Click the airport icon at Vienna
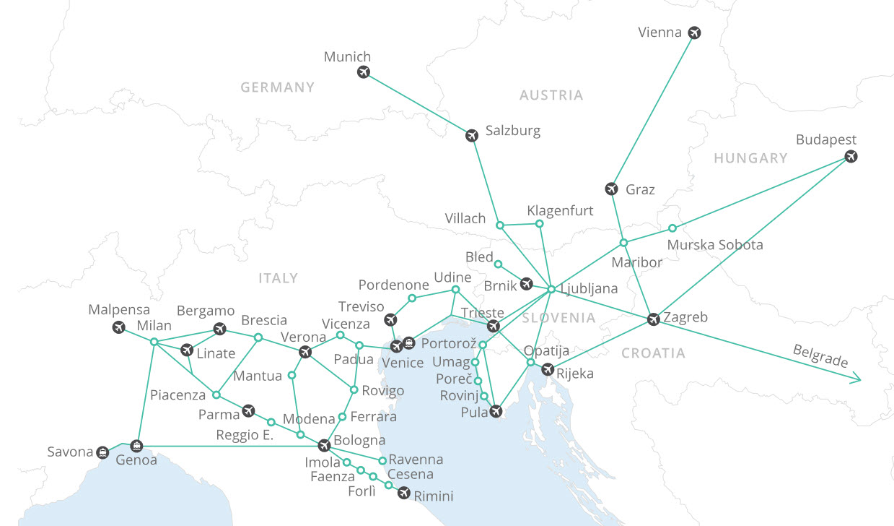tap(694, 33)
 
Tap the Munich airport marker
tap(364, 72)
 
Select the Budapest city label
tap(826, 139)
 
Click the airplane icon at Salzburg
tap(472, 135)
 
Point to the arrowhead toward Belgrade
tap(856, 378)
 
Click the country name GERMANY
tap(278, 87)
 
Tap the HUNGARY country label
tap(750, 158)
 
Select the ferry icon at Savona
tap(103, 452)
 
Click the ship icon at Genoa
tap(136, 446)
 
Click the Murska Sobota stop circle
tap(672, 228)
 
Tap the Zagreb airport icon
tap(654, 319)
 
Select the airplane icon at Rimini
tap(404, 493)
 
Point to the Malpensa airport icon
tap(120, 327)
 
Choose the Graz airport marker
tap(612, 189)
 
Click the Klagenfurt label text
tap(560, 211)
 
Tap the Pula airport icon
tap(496, 412)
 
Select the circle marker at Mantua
tap(292, 376)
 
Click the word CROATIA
tap(653, 353)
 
